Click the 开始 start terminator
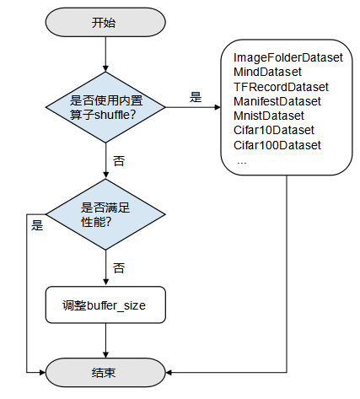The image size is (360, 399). click(104, 22)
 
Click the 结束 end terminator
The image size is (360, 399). click(104, 371)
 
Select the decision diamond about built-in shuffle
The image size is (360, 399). click(104, 107)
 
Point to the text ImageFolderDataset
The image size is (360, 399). click(287, 58)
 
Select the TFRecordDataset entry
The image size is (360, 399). click(281, 87)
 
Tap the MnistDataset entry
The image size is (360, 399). click(269, 116)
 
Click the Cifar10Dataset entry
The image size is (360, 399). click(273, 131)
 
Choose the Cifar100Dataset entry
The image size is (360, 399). click(277, 145)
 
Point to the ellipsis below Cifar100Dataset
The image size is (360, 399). click(241, 159)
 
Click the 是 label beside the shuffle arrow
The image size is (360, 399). click(196, 97)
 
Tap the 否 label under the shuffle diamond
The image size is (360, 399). click(118, 159)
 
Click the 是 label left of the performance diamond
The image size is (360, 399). click(37, 225)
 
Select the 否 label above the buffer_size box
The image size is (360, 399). click(118, 267)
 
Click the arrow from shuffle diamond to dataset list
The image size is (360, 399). click(194, 107)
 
